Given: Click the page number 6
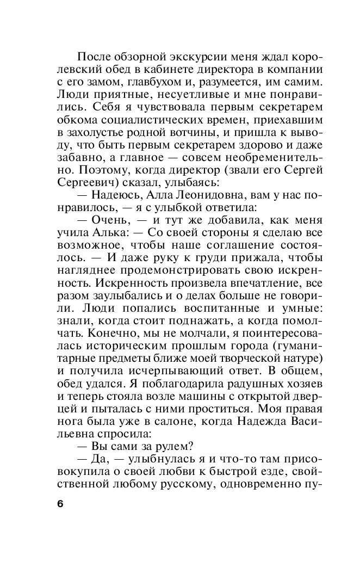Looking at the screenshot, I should (60, 503).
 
